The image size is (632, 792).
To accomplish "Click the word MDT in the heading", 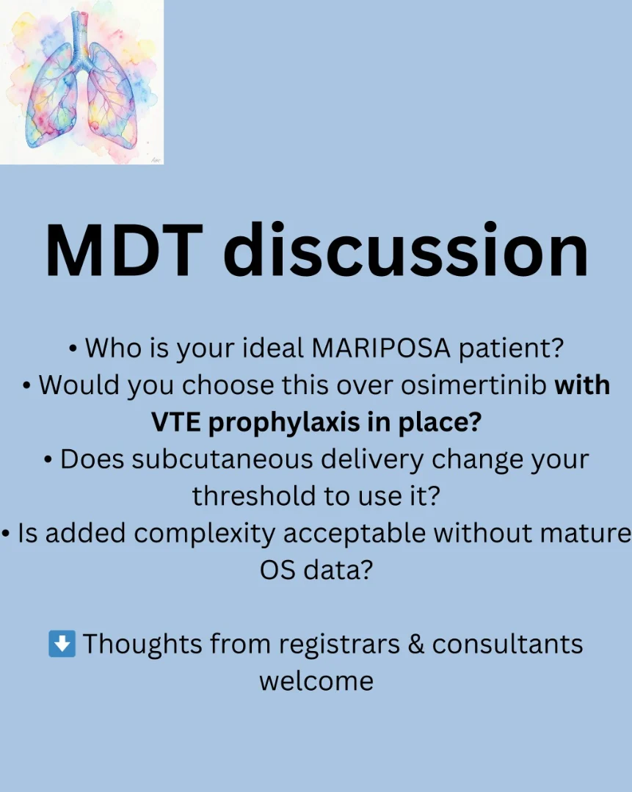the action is coord(124,250).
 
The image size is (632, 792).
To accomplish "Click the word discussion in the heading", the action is coord(406,250).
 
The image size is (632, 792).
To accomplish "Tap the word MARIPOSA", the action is coord(381,348).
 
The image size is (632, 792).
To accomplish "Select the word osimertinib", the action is coord(474,385).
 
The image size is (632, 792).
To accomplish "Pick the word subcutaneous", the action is coord(222,459).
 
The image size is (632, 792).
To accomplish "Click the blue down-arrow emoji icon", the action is coord(62,644).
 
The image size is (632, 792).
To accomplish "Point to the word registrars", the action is coord(339,645).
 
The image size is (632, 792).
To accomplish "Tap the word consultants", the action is coord(507,644).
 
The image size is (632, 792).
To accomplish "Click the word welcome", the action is coord(316,681).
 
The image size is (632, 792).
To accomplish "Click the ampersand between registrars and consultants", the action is coord(415,644).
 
